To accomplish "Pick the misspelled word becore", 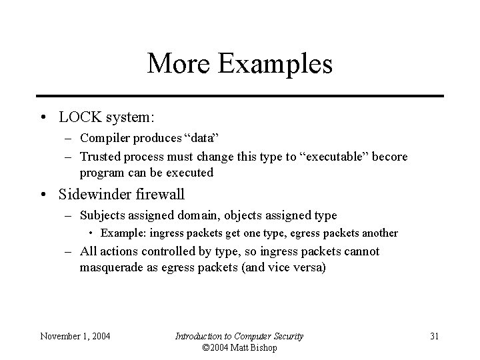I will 389,157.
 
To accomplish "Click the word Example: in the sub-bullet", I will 125,233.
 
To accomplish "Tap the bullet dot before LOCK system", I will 43,118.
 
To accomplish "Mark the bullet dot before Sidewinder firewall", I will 43,196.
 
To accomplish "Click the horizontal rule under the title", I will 239,96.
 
